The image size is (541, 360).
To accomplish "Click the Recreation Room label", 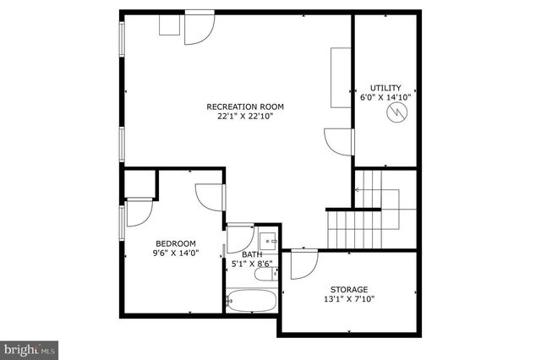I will click(x=245, y=106).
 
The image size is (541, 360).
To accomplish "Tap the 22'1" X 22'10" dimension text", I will click(x=245, y=117).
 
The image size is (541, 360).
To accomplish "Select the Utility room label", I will click(x=385, y=88).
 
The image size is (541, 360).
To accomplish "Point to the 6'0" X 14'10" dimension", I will click(x=385, y=97).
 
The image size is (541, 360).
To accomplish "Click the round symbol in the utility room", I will click(x=395, y=112).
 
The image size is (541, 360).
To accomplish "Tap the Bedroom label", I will click(x=176, y=243).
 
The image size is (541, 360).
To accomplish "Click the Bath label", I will click(x=252, y=254).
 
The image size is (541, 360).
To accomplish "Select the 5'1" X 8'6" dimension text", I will click(x=252, y=265).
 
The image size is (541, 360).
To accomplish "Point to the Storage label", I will click(x=349, y=288).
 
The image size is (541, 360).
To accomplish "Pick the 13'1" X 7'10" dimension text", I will click(x=349, y=298).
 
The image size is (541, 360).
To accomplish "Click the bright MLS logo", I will click(x=29, y=348).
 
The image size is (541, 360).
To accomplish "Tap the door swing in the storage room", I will click(x=302, y=265).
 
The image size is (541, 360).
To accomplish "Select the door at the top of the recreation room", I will click(x=199, y=27).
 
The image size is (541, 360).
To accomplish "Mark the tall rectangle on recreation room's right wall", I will click(x=341, y=74).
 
